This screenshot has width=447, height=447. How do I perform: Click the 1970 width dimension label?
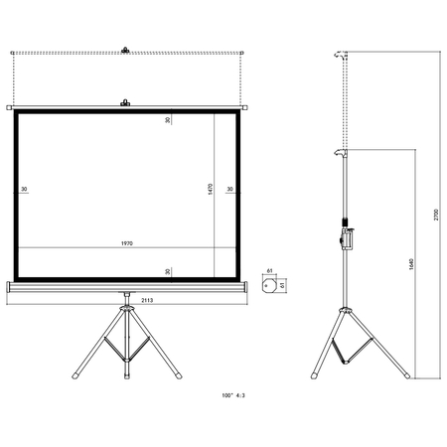tap(126, 243)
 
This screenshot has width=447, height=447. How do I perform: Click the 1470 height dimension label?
tap(211, 187)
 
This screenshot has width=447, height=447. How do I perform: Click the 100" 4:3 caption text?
tap(235, 394)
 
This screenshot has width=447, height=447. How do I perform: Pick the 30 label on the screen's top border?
tap(169, 120)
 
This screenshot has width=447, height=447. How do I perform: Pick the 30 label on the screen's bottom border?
tap(169, 269)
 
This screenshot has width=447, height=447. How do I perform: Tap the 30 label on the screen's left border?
tap(24, 188)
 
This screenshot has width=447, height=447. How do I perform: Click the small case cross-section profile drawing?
tap(269, 284)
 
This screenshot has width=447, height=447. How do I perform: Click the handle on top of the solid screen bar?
tap(125, 101)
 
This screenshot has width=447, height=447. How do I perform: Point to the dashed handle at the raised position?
tap(125, 48)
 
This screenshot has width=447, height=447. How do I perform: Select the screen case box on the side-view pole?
tap(348, 238)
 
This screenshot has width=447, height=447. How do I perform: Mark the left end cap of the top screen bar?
tap(9, 107)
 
